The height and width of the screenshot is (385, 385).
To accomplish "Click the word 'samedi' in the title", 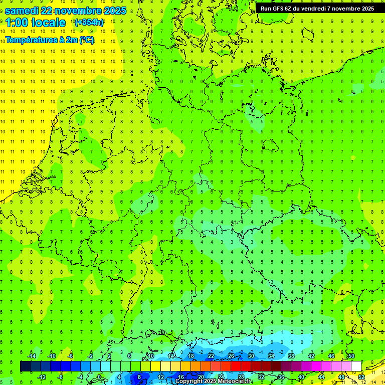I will [23, 11].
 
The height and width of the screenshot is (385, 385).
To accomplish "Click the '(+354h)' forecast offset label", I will [89, 22].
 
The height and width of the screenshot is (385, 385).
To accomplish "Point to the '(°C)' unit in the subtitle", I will [85, 40].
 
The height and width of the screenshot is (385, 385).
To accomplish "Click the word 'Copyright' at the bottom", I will [189, 381].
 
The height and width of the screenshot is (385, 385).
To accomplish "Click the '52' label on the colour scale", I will [361, 377].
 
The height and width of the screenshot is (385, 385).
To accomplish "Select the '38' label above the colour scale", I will [291, 356].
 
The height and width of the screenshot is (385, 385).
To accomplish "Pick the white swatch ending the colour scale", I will [356, 366].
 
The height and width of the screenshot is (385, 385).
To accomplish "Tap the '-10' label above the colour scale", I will [51, 356].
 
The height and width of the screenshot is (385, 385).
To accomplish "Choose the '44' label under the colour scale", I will [321, 377].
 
